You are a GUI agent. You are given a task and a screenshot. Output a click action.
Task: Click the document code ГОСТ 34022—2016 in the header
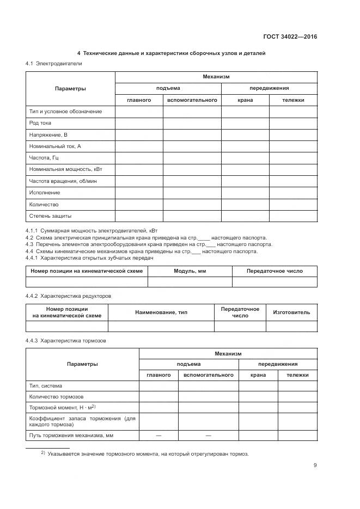pos(290,37)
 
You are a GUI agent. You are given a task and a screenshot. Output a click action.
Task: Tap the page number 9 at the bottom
pos(315,465)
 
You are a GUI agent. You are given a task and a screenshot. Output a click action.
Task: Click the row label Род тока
pos(40,123)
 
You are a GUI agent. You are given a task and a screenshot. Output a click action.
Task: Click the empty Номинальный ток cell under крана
pos(245,146)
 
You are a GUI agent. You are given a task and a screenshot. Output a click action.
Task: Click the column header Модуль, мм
pos(190,271)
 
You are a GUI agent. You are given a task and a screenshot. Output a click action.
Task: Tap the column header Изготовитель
pos(291,312)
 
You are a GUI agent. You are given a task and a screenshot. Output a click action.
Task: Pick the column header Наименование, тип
pos(161,312)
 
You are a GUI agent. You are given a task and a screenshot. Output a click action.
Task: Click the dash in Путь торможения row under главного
pos(158,436)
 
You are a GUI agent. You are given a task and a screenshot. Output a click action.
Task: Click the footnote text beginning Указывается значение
pos(147,453)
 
